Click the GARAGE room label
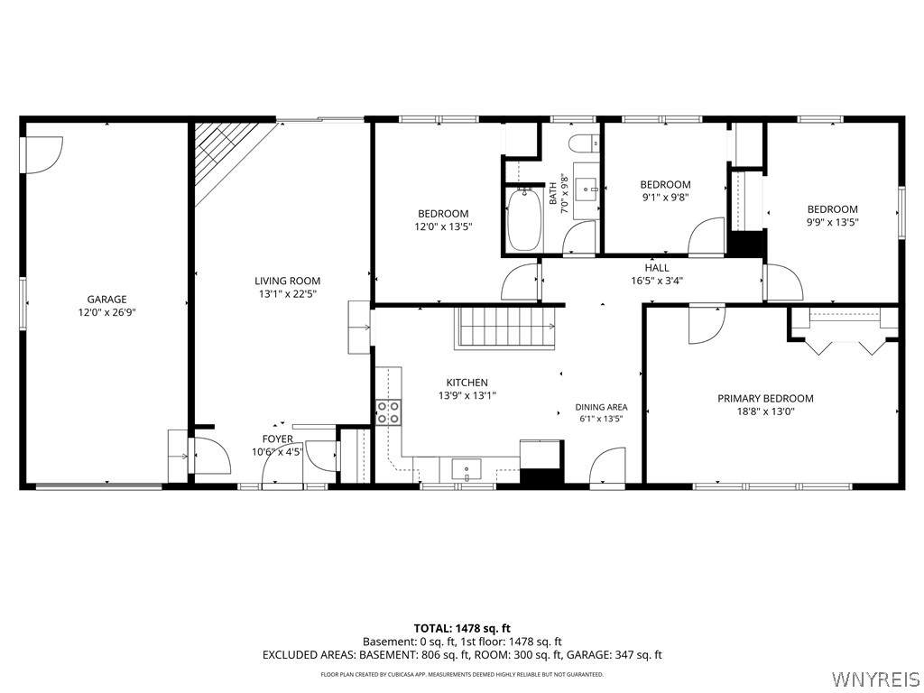click(x=106, y=300)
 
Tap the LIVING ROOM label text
click(x=288, y=282)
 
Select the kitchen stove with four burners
click(x=388, y=412)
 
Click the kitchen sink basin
click(x=467, y=469)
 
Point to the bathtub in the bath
click(x=524, y=219)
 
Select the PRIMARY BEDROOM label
click(x=765, y=398)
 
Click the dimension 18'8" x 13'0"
click(x=765, y=411)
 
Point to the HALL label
click(x=657, y=268)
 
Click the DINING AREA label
click(x=601, y=407)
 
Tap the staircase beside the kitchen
click(x=505, y=327)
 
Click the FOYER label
click(x=278, y=439)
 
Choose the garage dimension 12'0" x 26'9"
click(x=106, y=313)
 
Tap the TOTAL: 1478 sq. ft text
click(x=457, y=628)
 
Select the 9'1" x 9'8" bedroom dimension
click(x=665, y=198)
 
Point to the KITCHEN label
click(x=467, y=383)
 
